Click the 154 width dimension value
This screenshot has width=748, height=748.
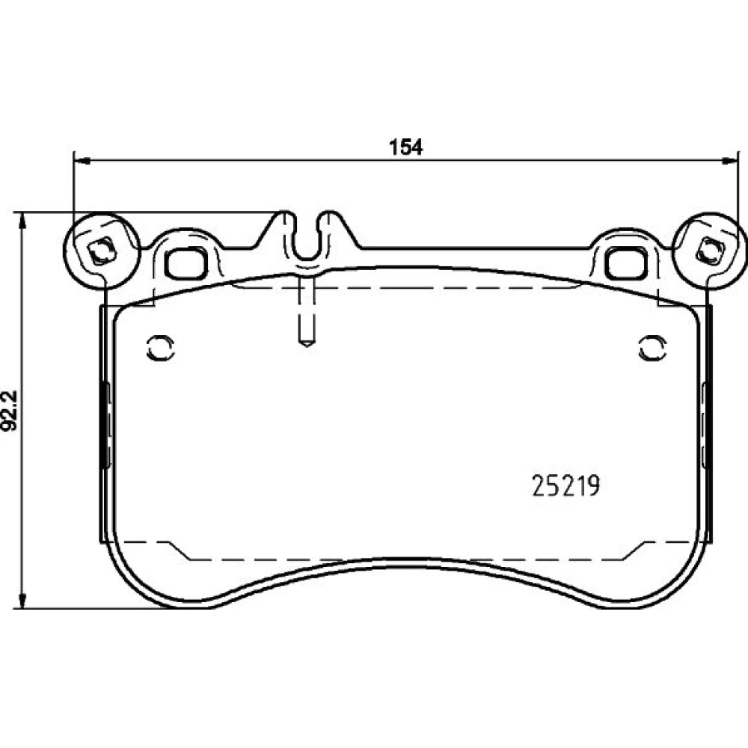(406, 147)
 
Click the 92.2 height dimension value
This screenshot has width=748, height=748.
(10, 411)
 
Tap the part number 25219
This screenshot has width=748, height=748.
(565, 486)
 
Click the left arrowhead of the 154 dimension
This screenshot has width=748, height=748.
(83, 161)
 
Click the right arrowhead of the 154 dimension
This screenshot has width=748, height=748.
(729, 161)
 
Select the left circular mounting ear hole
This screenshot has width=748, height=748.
(100, 251)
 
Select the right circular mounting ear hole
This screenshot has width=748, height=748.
(709, 251)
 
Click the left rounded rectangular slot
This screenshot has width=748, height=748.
(186, 263)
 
